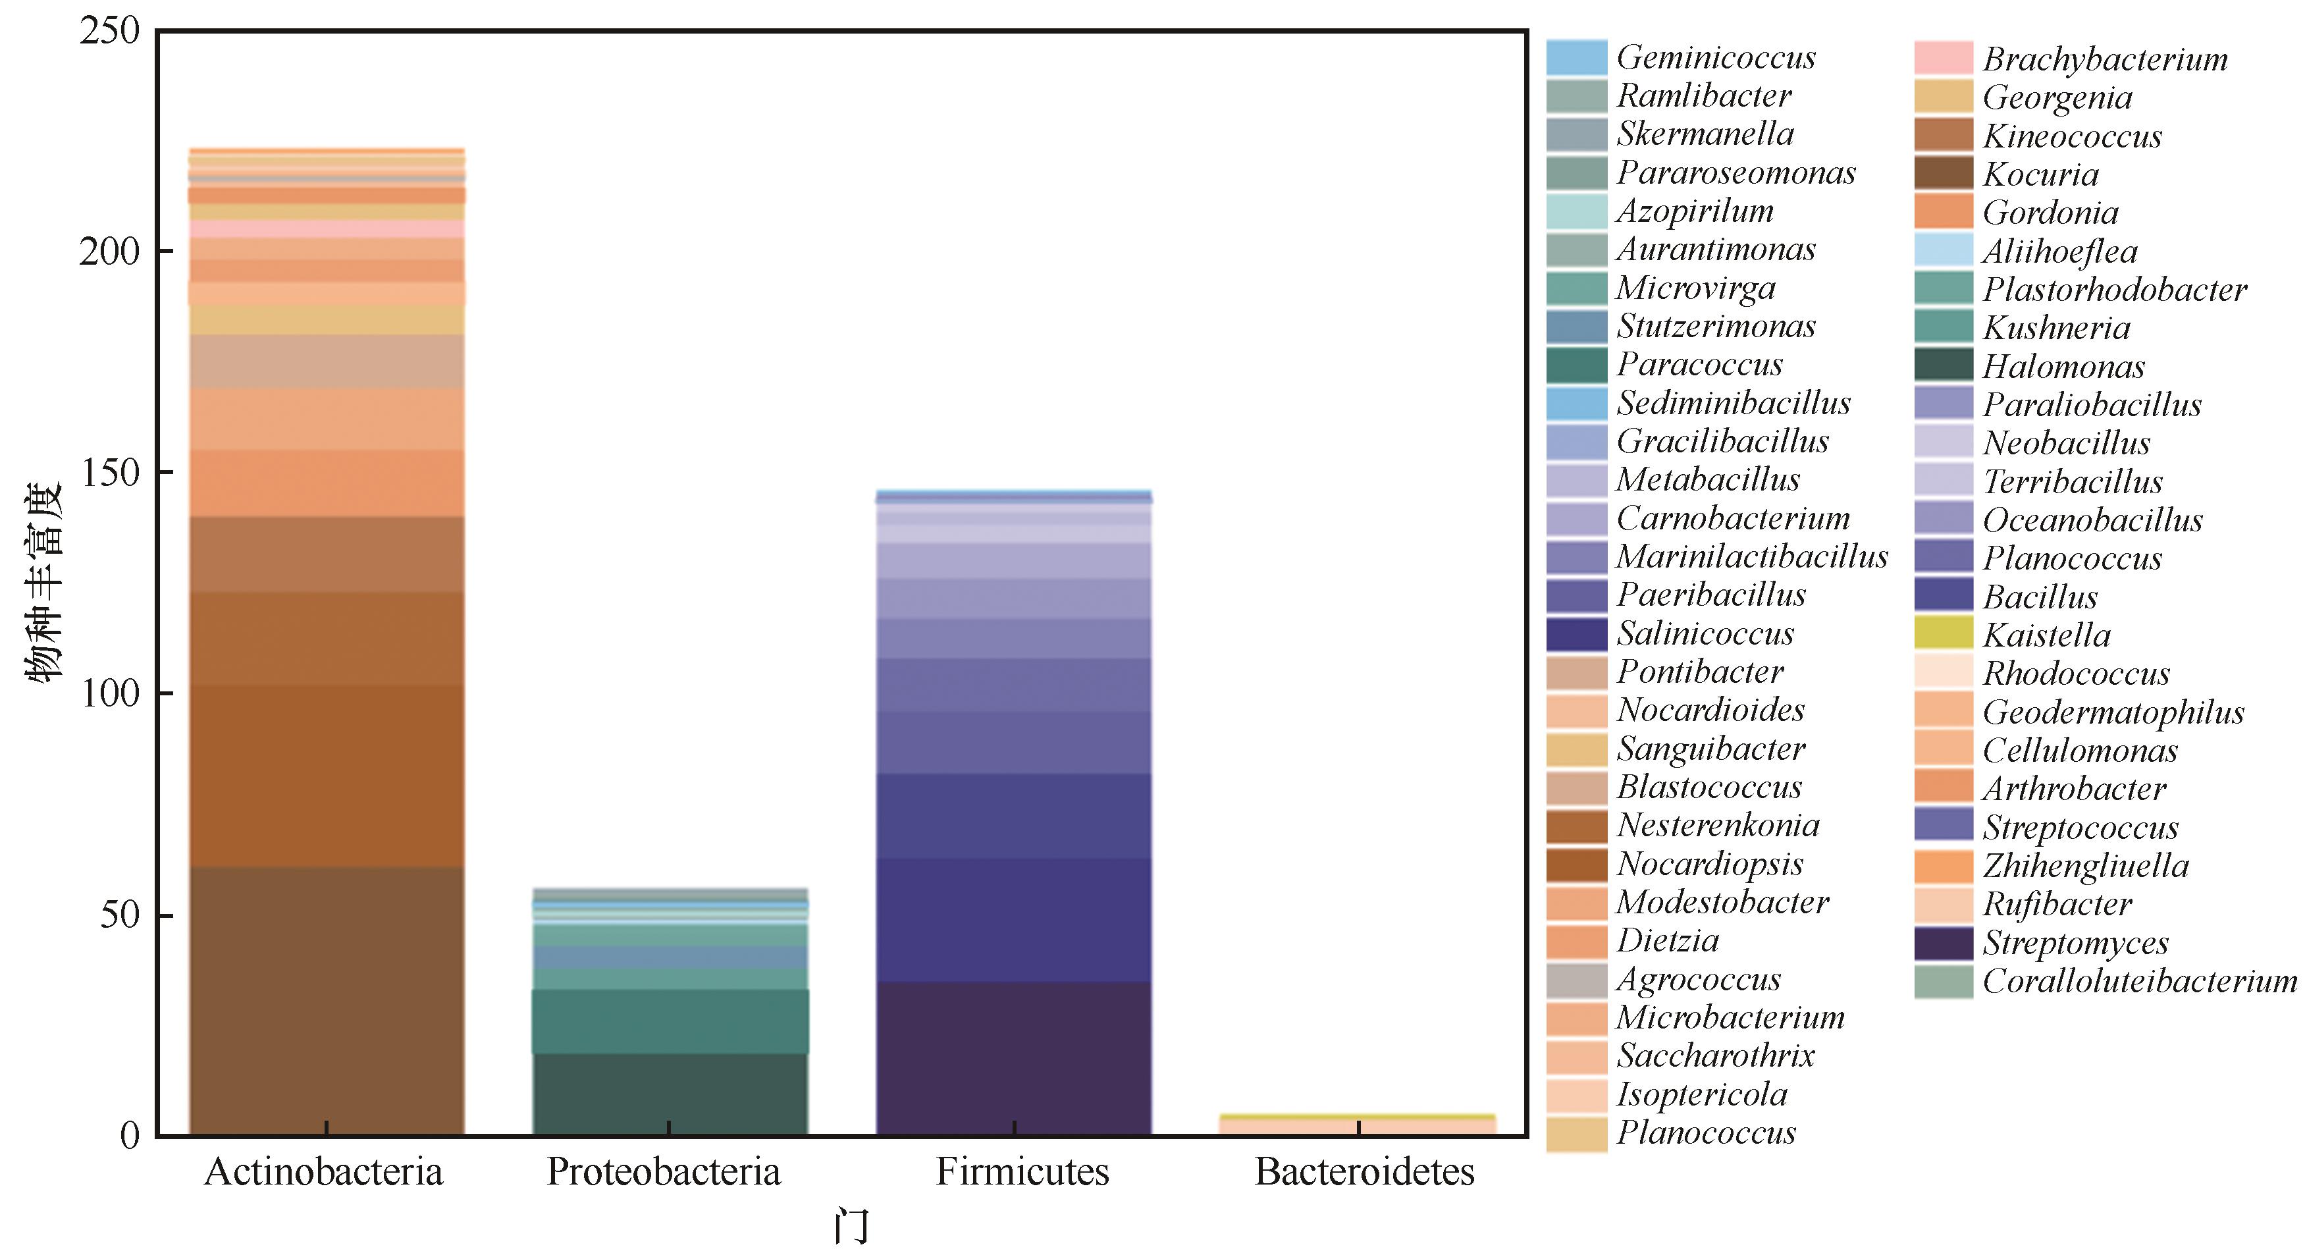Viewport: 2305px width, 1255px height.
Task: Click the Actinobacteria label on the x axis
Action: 324,1172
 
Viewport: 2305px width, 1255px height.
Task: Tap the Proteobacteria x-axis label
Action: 664,1172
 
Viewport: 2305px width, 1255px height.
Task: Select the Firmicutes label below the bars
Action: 1022,1172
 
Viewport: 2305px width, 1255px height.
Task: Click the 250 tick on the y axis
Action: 110,32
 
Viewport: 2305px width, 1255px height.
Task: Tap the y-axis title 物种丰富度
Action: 43,583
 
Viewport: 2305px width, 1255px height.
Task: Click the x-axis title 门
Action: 851,1226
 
